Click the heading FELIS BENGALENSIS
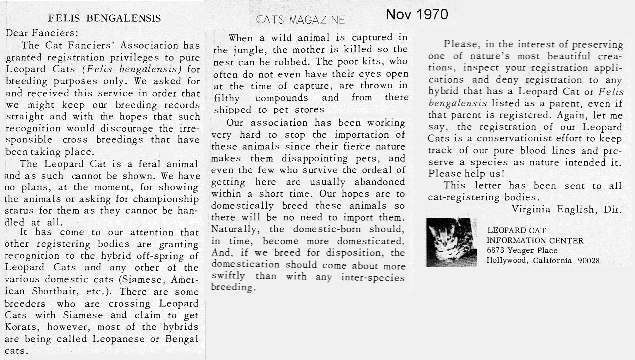pos(104,18)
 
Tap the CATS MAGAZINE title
pos(301,20)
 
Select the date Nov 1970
pos(417,14)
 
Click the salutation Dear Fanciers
pos(42,33)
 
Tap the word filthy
pos(227,98)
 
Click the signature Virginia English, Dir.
pos(566,210)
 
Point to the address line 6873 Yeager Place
pos(522,251)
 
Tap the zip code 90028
pos(589,261)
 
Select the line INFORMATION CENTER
pos(535,241)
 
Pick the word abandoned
pos(380,182)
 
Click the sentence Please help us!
pos(466,174)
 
